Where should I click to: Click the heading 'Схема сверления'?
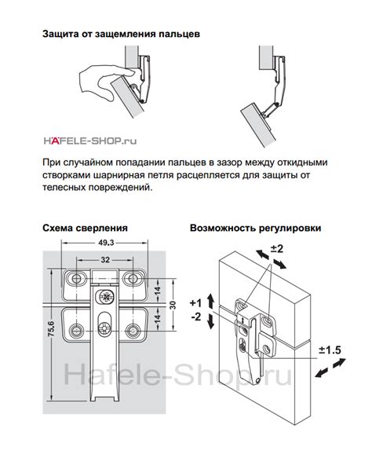point(84,229)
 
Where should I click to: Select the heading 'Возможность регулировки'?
point(255,229)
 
